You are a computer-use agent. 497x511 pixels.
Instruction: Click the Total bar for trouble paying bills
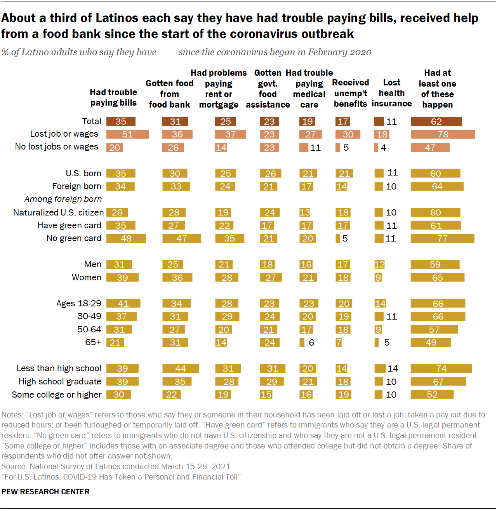tap(121, 122)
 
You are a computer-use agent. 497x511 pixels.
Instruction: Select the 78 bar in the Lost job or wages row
tap(443, 134)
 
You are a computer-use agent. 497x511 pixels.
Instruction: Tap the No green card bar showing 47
tap(181, 238)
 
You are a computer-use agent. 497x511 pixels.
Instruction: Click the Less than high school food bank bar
tap(181, 368)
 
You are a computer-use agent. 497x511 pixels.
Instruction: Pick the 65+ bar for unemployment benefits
tap(339, 342)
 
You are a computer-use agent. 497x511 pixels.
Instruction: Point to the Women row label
tap(86, 278)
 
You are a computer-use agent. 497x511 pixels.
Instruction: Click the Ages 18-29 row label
tap(79, 303)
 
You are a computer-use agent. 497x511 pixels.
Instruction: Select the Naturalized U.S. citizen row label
tap(58, 213)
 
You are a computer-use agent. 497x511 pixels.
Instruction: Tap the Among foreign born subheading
tap(63, 199)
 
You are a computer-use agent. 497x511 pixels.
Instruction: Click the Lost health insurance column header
tap(391, 93)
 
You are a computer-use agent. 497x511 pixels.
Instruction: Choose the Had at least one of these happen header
tap(437, 89)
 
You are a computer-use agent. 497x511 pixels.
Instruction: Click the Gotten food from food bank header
tap(169, 94)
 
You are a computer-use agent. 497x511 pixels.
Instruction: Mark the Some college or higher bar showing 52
tap(432, 395)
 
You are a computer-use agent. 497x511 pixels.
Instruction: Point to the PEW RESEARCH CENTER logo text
tap(45, 492)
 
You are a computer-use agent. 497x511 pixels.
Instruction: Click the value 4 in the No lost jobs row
tap(383, 148)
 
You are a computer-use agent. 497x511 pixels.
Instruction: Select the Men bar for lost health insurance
tap(379, 264)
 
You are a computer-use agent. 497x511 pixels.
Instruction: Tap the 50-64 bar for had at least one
tap(434, 330)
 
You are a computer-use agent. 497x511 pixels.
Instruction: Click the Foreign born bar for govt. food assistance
tap(268, 186)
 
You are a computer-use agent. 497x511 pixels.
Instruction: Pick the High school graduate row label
tap(60, 382)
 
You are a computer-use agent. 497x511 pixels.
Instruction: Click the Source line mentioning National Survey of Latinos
tap(116, 466)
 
